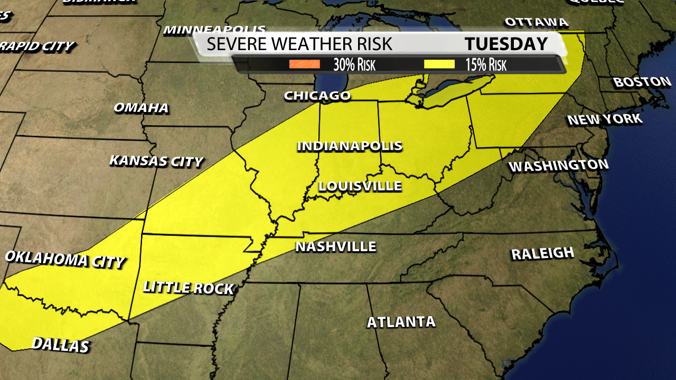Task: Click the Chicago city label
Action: [x=317, y=96]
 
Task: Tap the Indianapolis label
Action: [x=350, y=146]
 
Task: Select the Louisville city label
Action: [x=360, y=186]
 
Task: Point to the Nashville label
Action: [x=335, y=246]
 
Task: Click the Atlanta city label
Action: [x=401, y=322]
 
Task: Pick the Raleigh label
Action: [x=542, y=254]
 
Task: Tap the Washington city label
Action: [x=558, y=166]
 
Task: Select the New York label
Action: [x=605, y=119]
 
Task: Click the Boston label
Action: [x=642, y=82]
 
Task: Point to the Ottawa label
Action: [x=537, y=23]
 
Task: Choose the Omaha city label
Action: [x=141, y=108]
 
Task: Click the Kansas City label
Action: [x=156, y=161]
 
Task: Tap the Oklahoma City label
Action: [x=64, y=259]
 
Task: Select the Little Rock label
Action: [x=188, y=288]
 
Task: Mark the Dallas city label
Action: [x=60, y=345]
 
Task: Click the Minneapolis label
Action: [x=214, y=30]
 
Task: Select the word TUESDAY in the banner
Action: [x=506, y=44]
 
